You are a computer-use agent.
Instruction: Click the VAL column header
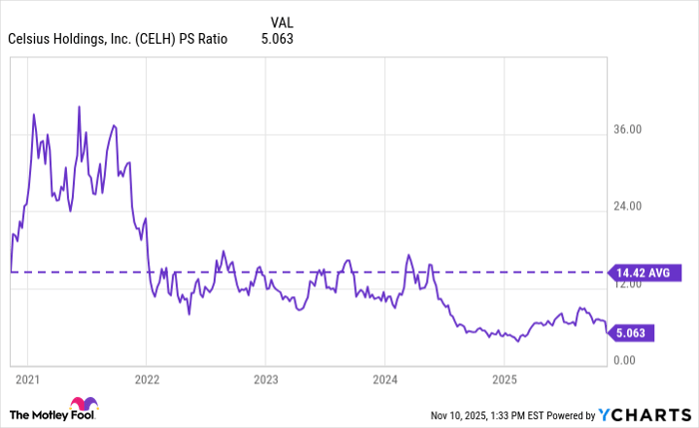[x=283, y=20]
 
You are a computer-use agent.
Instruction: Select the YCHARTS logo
[x=645, y=414]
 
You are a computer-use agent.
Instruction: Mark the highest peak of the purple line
[x=80, y=105]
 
